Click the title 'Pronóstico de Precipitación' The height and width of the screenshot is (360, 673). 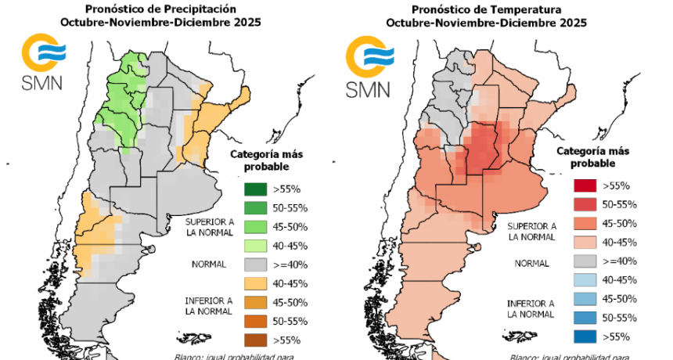(160, 9)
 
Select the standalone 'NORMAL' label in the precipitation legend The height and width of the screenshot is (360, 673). (208, 265)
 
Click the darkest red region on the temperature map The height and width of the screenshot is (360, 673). (482, 149)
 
